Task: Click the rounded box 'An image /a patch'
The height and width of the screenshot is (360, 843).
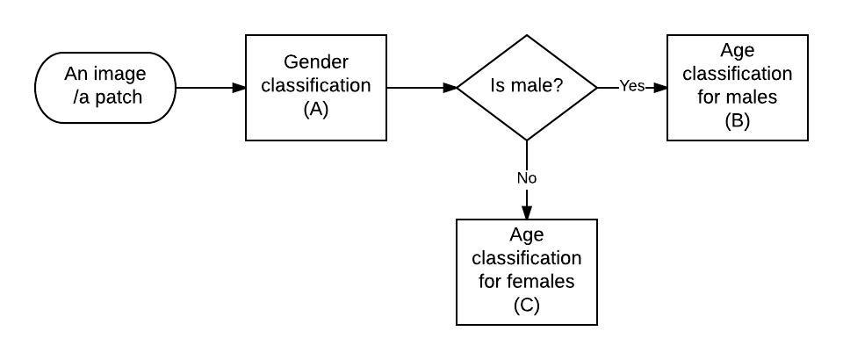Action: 105,88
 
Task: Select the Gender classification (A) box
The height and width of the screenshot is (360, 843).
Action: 315,88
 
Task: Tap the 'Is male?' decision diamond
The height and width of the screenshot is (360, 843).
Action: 527,88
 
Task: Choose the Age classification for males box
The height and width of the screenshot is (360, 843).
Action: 737,88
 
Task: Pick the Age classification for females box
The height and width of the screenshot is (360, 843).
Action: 527,271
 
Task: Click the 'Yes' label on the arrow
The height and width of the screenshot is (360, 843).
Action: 631,86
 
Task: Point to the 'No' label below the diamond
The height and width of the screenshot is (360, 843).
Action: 527,178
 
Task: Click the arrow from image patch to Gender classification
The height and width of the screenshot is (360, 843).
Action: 211,88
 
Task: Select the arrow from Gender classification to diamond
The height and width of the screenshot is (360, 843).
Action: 421,88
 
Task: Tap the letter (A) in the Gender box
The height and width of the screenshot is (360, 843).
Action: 315,110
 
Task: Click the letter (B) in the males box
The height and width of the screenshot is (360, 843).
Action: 737,121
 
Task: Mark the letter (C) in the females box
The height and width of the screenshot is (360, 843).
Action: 527,305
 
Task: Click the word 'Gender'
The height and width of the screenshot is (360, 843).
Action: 315,62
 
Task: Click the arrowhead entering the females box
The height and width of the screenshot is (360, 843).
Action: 527,212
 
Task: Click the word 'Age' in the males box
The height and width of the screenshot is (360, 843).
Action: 737,50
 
